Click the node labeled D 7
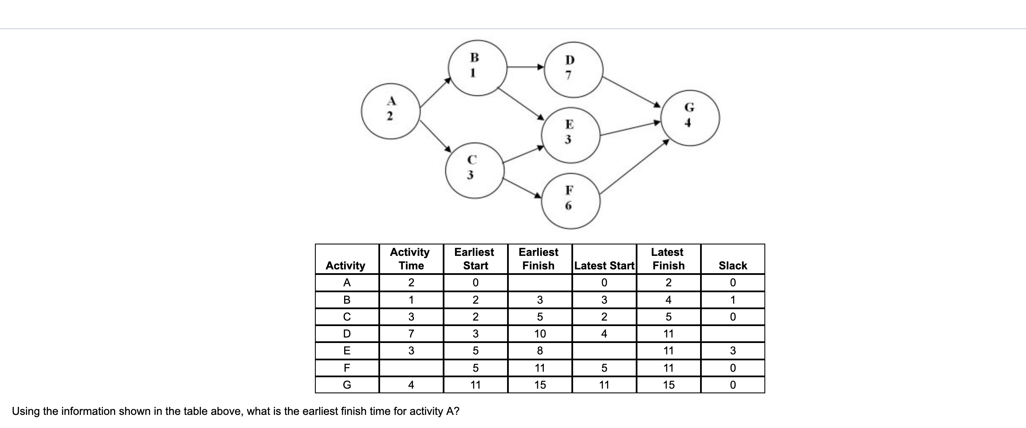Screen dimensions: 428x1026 pos(573,69)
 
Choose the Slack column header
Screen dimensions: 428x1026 pos(733,266)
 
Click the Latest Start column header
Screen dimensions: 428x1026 pos(604,266)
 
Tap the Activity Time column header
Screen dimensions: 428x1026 pos(411,259)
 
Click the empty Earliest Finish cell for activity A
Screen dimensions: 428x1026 pos(540,283)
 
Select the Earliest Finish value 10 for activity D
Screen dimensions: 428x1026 pos(540,334)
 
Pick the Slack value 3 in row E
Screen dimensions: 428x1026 pos(733,351)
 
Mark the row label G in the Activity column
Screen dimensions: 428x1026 pos(347,385)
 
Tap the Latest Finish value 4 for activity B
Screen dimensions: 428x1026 pos(668,300)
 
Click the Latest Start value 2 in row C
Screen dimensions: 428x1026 pos(604,317)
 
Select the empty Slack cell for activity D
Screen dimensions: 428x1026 pos(733,334)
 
